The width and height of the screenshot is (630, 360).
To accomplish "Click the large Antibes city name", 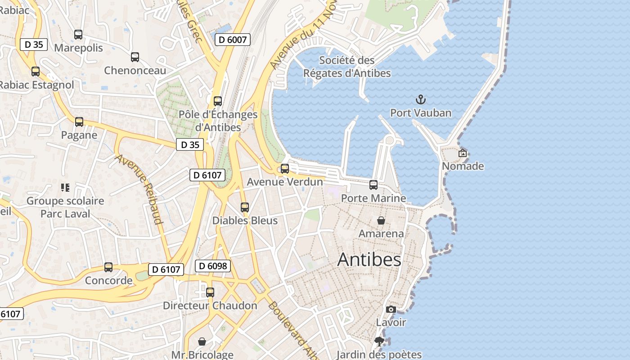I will point(369,260).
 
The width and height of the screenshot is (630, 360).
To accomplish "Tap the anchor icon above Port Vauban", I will point(421,99).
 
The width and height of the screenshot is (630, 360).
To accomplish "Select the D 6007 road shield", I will point(233,40).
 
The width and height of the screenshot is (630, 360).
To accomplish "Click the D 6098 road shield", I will point(213,266).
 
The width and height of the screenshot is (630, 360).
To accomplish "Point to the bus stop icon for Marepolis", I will point(78,35).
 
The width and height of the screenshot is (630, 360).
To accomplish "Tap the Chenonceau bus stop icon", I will point(135,57).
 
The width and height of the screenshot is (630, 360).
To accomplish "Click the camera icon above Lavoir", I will point(391,309).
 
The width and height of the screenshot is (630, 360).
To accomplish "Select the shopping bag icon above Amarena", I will point(381,220).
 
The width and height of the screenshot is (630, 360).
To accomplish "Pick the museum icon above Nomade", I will point(463,153).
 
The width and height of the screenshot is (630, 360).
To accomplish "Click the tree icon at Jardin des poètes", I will point(379,342).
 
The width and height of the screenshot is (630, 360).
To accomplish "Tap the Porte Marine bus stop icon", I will point(373,185).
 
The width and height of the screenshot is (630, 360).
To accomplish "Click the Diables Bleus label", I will point(245,221).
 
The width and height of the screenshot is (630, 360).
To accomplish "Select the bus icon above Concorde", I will point(108,267).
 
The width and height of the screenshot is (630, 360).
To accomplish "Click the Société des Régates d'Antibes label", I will point(347,67).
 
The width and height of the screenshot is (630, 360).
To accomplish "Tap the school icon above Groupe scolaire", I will point(65,188).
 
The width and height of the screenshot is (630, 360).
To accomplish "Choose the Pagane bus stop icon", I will point(79,122).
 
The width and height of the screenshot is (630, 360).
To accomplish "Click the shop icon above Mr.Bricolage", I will point(202,342).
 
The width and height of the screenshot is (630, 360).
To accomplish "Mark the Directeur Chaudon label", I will point(210,306).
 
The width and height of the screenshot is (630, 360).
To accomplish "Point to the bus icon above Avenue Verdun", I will point(285,169).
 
